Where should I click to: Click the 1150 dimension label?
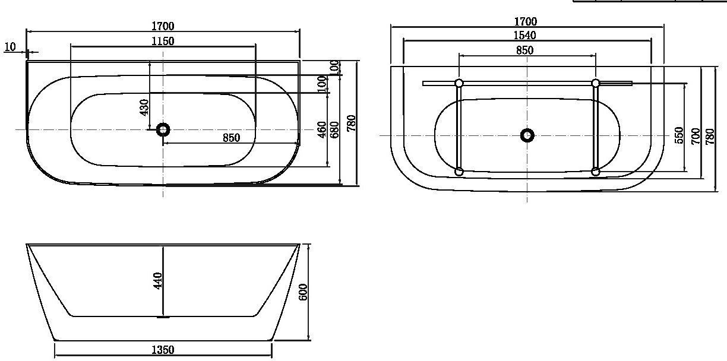point(163,41)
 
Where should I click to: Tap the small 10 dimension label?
point(10,47)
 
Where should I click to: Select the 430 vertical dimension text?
point(144,107)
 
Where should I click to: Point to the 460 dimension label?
point(322,129)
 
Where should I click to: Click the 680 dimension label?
point(334,129)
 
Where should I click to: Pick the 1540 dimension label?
point(525,35)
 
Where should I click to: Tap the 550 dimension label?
point(679,135)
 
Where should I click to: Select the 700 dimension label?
point(696,136)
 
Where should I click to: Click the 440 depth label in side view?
point(157,281)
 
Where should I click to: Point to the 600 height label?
point(302,292)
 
